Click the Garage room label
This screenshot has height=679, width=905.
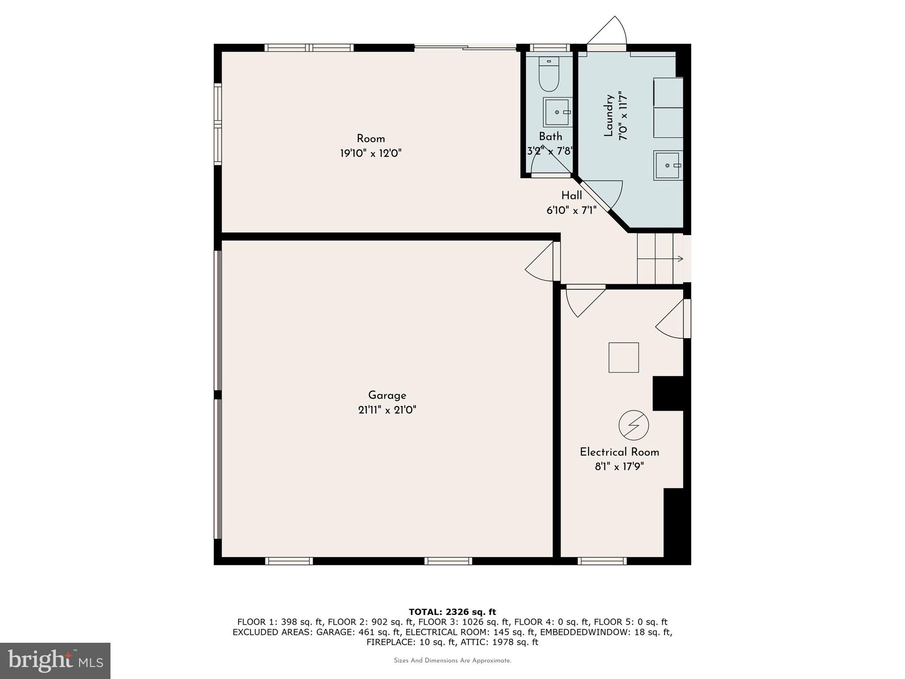pyautogui.click(x=387, y=396)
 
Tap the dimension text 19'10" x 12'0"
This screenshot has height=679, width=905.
pyautogui.click(x=371, y=153)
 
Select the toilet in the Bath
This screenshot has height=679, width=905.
pyautogui.click(x=549, y=74)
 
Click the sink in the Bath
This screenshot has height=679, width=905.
pyautogui.click(x=558, y=112)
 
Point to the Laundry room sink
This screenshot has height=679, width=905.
pyautogui.click(x=668, y=165)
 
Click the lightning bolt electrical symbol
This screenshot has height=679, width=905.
pyautogui.click(x=634, y=425)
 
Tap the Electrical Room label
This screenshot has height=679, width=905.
pyautogui.click(x=620, y=452)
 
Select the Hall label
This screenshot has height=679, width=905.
pyautogui.click(x=572, y=195)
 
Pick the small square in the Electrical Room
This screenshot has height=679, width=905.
pyautogui.click(x=624, y=357)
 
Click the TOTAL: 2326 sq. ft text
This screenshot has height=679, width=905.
pyautogui.click(x=452, y=612)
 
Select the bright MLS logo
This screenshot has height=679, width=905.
pyautogui.click(x=55, y=661)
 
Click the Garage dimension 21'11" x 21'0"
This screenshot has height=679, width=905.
pyautogui.click(x=387, y=410)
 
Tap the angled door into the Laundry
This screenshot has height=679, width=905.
pyautogui.click(x=601, y=195)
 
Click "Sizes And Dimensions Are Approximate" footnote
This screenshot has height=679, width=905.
pyautogui.click(x=452, y=660)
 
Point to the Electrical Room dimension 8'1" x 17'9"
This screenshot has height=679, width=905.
pyautogui.click(x=620, y=466)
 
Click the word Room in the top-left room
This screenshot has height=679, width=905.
pyautogui.click(x=371, y=139)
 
